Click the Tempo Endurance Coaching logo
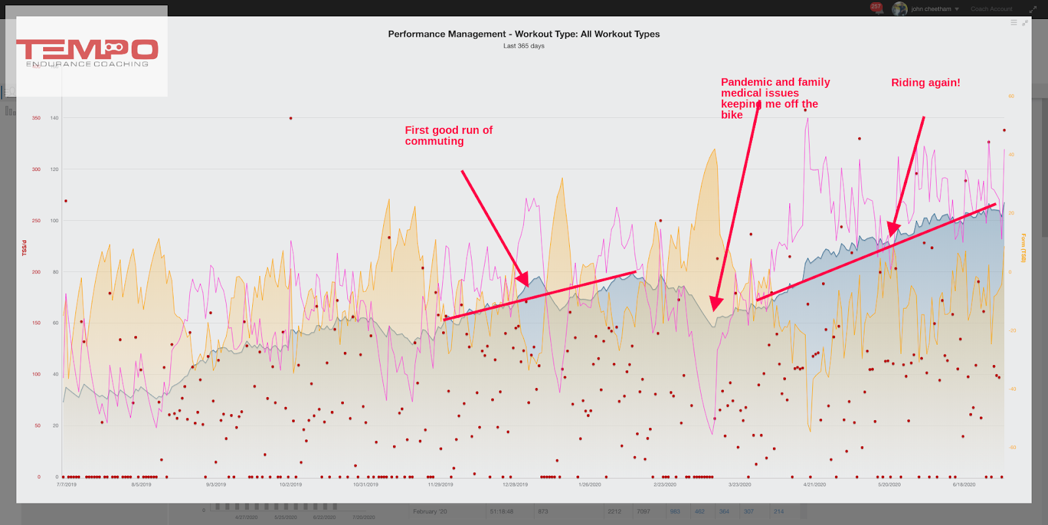[x=87, y=52]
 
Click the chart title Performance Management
[x=523, y=34]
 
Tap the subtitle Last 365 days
[x=523, y=46]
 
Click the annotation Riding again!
[x=926, y=83]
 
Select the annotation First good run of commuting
[x=448, y=136]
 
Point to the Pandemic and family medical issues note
[x=775, y=98]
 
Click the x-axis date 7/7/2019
[x=66, y=485]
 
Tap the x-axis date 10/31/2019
[x=365, y=485]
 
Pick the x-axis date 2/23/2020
[x=665, y=485]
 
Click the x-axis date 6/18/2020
[x=964, y=485]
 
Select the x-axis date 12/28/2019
[x=515, y=485]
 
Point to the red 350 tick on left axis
[x=36, y=118]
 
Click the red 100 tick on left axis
[x=36, y=374]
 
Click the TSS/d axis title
[x=25, y=248]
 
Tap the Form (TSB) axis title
[x=1023, y=248]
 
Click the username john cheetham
[x=930, y=9]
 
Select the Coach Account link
[x=991, y=9]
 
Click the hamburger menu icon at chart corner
[x=1013, y=22]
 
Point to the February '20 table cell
[x=430, y=512]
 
